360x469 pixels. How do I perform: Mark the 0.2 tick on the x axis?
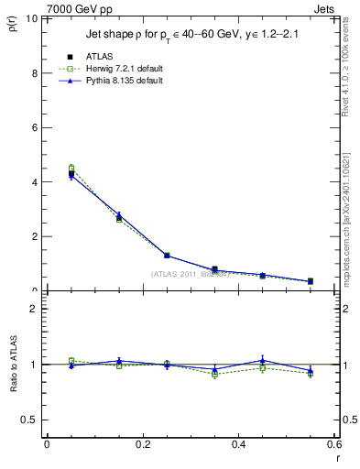(142, 445)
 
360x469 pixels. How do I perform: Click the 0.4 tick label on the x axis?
(238, 445)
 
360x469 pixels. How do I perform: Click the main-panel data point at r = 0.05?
(71, 173)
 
